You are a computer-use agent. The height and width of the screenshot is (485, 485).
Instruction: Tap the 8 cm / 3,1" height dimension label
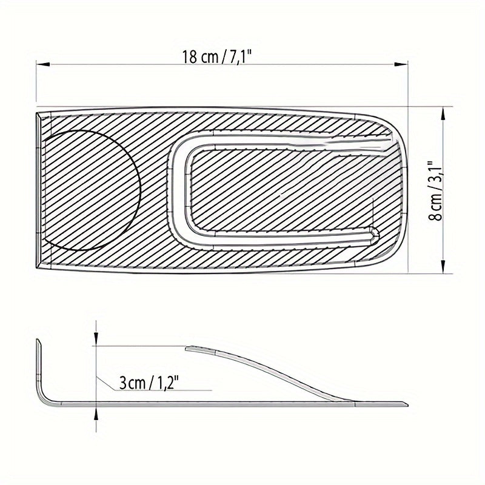coord(435,190)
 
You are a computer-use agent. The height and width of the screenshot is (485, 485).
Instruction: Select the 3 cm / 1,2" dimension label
coord(149,383)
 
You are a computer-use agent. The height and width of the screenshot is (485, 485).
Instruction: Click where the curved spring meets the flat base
coord(352,400)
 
